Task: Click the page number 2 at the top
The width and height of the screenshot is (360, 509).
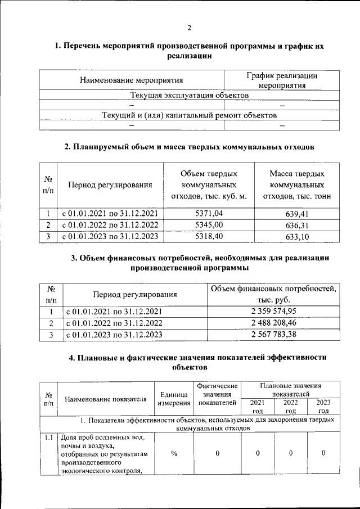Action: click(190, 28)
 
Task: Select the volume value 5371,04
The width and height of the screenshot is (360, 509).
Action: click(209, 213)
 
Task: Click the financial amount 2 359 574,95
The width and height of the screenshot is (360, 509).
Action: click(273, 311)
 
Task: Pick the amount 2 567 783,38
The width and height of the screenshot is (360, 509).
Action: click(273, 335)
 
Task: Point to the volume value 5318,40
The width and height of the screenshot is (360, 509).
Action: click(209, 236)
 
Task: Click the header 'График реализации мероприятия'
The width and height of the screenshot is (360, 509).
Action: click(282, 80)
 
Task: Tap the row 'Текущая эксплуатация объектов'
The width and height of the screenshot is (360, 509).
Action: click(190, 96)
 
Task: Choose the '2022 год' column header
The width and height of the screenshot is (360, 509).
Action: click(291, 407)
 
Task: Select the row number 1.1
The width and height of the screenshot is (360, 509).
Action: click(48, 438)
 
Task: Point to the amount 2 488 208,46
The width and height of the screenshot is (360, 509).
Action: click(273, 323)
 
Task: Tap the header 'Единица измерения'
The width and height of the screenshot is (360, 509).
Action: click(174, 399)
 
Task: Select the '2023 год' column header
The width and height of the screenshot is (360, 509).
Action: click(323, 407)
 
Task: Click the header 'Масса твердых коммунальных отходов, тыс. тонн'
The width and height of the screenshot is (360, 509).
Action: click(296, 184)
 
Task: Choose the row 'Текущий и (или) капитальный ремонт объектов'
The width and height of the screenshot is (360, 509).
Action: click(190, 115)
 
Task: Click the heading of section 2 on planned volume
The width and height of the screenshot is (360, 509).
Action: click(190, 147)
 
